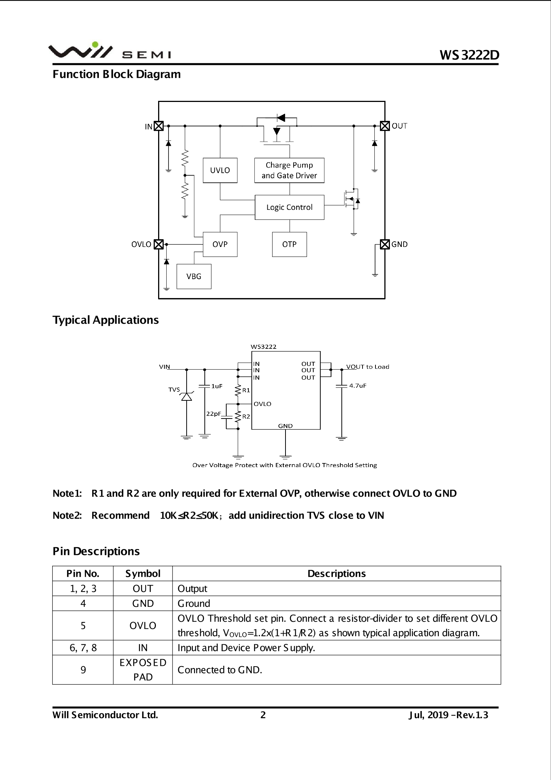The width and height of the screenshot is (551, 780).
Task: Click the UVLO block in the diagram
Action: point(220,170)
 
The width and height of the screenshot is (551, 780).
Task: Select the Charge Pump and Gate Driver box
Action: point(289,170)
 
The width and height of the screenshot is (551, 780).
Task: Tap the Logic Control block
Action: point(289,207)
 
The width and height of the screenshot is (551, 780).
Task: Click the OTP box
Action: point(289,244)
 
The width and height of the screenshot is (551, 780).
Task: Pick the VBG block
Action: point(194,277)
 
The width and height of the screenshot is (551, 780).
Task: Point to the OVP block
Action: point(220,244)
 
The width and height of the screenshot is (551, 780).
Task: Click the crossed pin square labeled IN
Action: point(158,126)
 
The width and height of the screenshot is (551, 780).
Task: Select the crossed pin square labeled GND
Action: point(385,244)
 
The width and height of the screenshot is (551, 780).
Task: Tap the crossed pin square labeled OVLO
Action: point(158,244)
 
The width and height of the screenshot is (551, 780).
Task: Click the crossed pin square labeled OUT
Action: point(385,126)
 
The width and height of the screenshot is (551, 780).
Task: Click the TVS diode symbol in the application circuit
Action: point(186,396)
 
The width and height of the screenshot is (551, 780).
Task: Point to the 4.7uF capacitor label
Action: point(358,386)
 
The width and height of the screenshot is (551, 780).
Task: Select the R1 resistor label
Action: point(246,390)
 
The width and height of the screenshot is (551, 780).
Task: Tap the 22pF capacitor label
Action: point(213,414)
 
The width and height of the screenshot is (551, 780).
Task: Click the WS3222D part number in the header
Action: point(469,55)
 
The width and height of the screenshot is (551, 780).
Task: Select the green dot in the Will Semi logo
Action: point(95,45)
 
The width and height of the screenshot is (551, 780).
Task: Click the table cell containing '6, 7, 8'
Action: point(83,648)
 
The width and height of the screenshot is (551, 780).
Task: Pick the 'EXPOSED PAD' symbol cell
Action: point(143,670)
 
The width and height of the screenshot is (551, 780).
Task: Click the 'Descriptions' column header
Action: point(336,574)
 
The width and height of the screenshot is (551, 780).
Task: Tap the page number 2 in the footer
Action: point(263,715)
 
